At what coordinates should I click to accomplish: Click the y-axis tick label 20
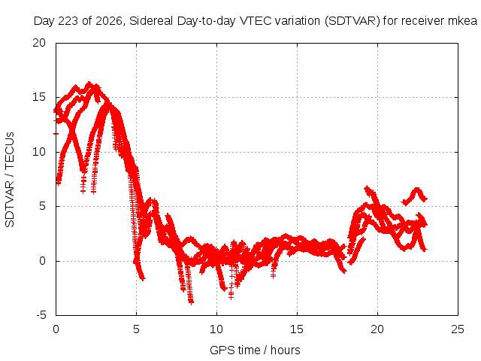(x=39, y=43)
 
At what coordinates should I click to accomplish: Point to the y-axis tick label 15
(x=39, y=97)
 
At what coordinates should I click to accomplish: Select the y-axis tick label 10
(x=39, y=152)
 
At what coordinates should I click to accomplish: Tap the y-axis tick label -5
(x=41, y=315)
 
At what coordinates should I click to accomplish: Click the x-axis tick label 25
(x=458, y=329)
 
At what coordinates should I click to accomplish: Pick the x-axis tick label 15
(x=297, y=329)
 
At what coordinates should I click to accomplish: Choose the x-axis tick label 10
(x=216, y=329)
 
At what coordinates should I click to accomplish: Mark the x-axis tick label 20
(x=377, y=329)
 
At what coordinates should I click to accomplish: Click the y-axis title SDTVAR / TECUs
(x=10, y=180)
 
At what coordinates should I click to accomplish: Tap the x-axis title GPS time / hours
(x=255, y=350)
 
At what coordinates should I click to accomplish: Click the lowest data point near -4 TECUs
(x=191, y=302)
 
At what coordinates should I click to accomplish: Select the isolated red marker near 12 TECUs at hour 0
(x=56, y=134)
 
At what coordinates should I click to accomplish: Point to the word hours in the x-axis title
(x=286, y=350)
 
